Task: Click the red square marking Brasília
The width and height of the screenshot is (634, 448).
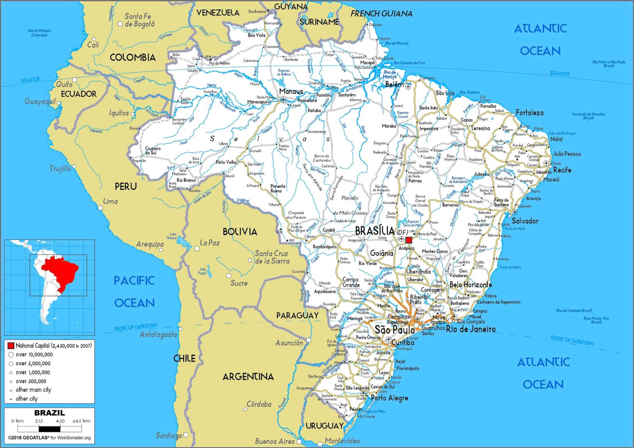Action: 409,240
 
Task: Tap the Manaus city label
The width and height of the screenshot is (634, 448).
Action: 291,91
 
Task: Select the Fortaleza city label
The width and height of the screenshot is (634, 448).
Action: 530,112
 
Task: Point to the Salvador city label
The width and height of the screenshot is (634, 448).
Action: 525,221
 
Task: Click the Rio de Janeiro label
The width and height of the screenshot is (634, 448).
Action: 471,329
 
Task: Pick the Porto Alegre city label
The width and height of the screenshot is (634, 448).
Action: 389,398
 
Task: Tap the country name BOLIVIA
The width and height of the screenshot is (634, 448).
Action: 240,232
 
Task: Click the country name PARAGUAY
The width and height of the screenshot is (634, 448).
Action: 297,315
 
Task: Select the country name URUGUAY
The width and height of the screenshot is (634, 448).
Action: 324,426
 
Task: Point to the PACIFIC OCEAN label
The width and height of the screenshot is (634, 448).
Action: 134,292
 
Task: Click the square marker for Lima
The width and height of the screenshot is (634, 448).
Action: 100,208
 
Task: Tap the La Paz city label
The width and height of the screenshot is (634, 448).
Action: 210,243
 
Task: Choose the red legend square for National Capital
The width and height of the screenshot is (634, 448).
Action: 11,346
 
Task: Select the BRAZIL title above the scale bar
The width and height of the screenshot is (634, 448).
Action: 49,412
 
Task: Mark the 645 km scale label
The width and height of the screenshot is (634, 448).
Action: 81,421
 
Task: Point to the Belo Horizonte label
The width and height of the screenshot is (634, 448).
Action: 471,284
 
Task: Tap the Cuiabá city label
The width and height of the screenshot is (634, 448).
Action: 329,230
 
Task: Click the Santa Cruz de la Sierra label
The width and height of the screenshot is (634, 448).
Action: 272,257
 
